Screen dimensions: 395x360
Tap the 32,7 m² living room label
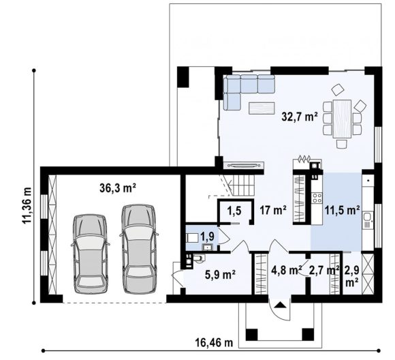pyautogui.click(x=300, y=117)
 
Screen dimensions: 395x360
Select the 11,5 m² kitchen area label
pyautogui.click(x=342, y=210)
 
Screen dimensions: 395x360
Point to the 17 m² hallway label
pyautogui.click(x=273, y=210)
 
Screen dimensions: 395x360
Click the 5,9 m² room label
pyautogui.click(x=220, y=275)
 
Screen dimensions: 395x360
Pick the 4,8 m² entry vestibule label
pyautogui.click(x=287, y=271)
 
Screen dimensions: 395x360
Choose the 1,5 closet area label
pyautogui.click(x=234, y=210)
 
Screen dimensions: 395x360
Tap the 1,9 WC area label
pyautogui.click(x=207, y=237)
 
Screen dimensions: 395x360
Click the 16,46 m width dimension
pyautogui.click(x=214, y=342)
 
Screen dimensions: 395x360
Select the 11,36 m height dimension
pyautogui.click(x=27, y=205)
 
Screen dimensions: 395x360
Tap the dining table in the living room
pyautogui.click(x=342, y=119)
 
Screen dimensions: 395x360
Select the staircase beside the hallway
pyautogui.click(x=244, y=185)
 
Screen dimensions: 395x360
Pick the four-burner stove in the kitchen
pyautogui.click(x=317, y=198)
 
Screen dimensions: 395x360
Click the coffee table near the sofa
pyautogui.click(x=262, y=108)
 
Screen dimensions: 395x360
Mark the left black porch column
pyautogui.click(x=251, y=335)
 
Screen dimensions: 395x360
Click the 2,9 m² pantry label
pyautogui.click(x=352, y=276)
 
